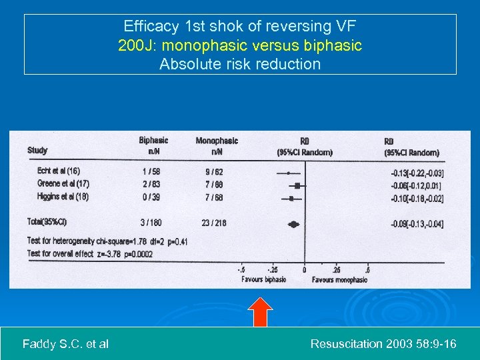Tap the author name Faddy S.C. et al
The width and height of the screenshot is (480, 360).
65,344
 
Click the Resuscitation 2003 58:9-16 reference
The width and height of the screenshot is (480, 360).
383,344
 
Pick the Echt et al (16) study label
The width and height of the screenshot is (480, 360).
59,171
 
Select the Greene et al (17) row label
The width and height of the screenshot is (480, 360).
63,183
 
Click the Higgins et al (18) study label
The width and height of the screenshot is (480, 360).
63,197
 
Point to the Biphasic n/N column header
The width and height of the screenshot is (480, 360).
153,145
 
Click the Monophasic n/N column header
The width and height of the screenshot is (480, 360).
217,145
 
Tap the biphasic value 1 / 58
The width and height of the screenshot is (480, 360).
151,171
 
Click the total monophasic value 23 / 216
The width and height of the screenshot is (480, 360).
214,223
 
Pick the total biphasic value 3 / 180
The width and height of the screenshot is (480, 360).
150,223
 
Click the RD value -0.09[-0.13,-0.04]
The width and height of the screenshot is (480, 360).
417,224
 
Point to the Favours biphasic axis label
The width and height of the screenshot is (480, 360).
264,280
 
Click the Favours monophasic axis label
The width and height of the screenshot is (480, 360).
339,280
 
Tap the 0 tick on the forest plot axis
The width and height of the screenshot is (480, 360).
305,270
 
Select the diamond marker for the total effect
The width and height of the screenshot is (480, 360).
293,224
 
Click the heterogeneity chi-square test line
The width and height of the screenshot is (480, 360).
107,241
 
